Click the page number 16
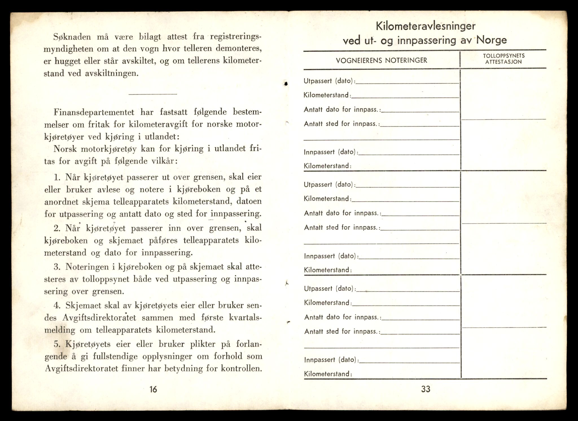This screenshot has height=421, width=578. (153, 389)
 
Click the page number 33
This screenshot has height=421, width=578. (426, 389)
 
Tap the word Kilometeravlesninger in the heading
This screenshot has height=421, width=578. (426, 26)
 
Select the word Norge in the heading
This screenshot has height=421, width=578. (492, 40)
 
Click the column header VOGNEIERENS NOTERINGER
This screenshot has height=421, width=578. (381, 60)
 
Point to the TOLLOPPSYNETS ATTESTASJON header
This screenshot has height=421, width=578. (503, 59)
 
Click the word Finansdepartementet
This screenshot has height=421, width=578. (94, 112)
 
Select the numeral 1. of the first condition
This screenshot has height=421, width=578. (57, 177)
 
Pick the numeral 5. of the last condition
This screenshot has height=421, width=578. (58, 344)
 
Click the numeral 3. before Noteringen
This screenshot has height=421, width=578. (57, 267)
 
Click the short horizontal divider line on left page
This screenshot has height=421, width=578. (153, 94)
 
